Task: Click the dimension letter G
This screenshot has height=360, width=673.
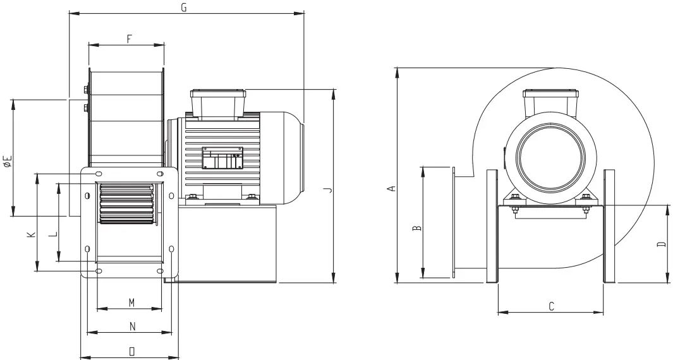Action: (x=184, y=8)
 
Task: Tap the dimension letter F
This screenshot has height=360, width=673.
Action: (x=129, y=39)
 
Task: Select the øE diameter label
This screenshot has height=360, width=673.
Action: (x=8, y=161)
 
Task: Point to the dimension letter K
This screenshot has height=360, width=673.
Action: (x=31, y=235)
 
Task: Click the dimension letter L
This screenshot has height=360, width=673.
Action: (x=53, y=234)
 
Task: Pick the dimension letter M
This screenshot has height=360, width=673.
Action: (x=132, y=303)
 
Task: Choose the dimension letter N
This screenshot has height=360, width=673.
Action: (x=132, y=327)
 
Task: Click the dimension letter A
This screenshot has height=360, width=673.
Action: (x=391, y=188)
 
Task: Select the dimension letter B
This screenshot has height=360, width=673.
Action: (x=417, y=228)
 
